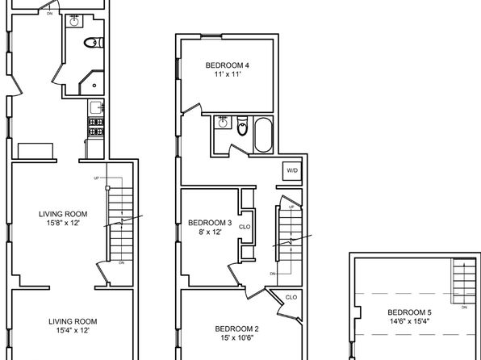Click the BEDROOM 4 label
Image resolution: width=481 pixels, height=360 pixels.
click(227, 65)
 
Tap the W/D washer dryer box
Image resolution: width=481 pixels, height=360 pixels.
click(292, 170)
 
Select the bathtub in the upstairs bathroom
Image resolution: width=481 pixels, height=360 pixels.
click(263, 135)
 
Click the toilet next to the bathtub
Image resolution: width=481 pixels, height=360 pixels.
click(242, 126)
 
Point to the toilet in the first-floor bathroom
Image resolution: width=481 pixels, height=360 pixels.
click(94, 42)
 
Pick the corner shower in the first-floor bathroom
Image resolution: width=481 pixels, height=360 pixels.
click(92, 82)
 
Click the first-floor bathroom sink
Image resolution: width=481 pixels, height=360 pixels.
click(74, 21)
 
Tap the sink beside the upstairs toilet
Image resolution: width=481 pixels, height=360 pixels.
click(222, 123)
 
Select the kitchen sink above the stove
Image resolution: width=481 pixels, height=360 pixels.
click(96, 107)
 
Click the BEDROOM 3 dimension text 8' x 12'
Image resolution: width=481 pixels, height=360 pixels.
click(210, 232)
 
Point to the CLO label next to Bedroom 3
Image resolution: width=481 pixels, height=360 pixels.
click(245, 227)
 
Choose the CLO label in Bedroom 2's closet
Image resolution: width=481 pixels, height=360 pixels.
click(291, 297)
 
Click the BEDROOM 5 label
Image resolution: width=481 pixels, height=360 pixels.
click(409, 312)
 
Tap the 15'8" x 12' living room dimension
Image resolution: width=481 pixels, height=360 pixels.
click(63, 223)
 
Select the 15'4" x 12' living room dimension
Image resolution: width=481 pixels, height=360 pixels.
click(73, 330)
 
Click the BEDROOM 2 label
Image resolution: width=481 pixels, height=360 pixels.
click(236, 329)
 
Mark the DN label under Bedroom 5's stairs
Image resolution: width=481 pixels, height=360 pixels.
click(464, 308)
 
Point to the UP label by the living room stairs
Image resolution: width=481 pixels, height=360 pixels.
click(96, 178)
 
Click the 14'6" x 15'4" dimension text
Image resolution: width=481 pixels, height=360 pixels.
click(409, 321)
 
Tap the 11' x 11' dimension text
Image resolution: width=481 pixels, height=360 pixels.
click(227, 74)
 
